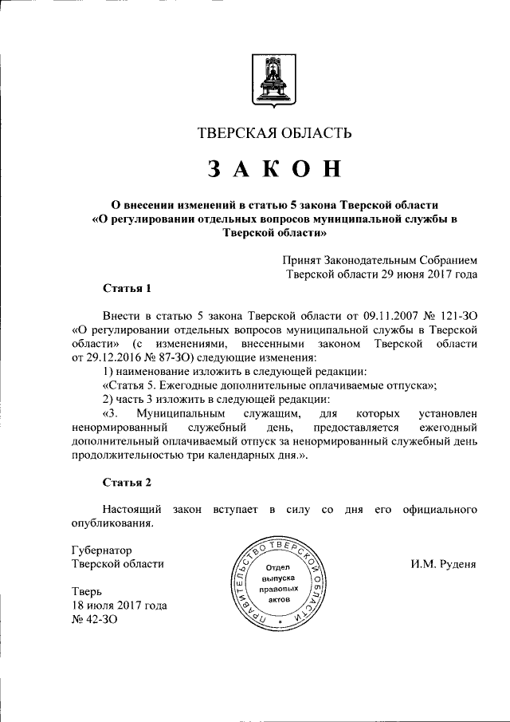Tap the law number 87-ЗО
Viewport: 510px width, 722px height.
(x=185, y=357)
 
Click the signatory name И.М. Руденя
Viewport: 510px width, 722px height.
(x=443, y=564)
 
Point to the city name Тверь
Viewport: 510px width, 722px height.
(x=87, y=591)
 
